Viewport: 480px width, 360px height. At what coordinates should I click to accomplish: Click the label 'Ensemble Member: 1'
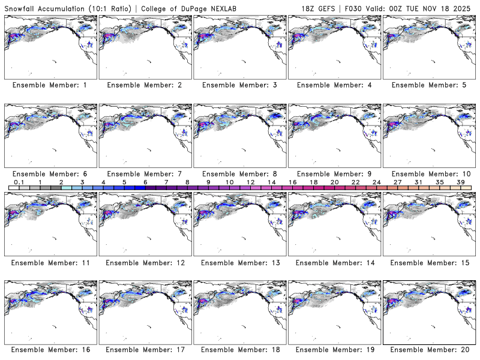[x=49, y=85]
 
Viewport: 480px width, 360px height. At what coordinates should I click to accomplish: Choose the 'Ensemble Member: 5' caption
[x=428, y=85]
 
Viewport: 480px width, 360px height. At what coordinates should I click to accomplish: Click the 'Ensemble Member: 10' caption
[x=428, y=173]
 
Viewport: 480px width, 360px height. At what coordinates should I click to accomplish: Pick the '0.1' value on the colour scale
[x=19, y=182]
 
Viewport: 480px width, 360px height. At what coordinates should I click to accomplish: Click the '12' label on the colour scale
[x=250, y=182]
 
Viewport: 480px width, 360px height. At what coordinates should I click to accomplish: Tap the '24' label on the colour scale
[x=376, y=182]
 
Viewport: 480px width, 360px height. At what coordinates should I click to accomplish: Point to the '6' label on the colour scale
[x=145, y=182]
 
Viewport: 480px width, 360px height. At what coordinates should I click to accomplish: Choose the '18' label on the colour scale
[x=313, y=182]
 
